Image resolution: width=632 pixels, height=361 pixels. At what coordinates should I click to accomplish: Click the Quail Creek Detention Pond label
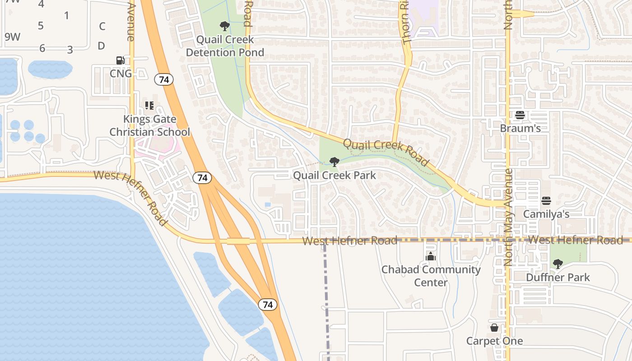(225, 46)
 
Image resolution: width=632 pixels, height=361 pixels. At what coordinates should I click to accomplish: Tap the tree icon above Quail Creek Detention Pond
(224, 26)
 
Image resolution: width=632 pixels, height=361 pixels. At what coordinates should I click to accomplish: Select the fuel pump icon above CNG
(121, 60)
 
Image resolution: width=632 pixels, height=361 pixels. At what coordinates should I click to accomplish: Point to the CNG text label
(121, 74)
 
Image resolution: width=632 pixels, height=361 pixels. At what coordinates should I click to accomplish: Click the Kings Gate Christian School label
(150, 125)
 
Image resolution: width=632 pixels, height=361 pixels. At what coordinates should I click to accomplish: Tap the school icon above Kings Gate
(149, 106)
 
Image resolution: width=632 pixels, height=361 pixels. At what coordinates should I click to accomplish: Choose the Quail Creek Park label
(335, 175)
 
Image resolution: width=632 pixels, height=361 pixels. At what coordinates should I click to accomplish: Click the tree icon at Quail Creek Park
(334, 162)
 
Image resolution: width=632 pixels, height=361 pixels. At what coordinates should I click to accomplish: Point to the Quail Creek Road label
(386, 152)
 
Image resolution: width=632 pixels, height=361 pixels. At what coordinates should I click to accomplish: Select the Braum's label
(520, 128)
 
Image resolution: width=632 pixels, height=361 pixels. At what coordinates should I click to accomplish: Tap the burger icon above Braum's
(520, 115)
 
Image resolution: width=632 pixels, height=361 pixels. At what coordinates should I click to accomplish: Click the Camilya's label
(546, 214)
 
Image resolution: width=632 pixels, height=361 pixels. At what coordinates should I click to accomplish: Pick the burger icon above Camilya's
(546, 200)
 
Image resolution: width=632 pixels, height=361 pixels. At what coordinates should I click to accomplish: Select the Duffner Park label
(558, 277)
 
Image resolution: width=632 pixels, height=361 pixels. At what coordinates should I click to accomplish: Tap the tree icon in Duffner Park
(558, 264)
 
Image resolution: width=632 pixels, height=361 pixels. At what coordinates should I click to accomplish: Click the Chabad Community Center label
(431, 276)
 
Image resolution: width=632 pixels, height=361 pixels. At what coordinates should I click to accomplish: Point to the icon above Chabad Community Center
(431, 256)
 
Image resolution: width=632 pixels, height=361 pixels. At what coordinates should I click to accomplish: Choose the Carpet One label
(495, 341)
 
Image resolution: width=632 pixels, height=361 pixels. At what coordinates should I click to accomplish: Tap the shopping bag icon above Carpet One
(495, 328)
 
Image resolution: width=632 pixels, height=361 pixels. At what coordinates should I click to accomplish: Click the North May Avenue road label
(509, 217)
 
